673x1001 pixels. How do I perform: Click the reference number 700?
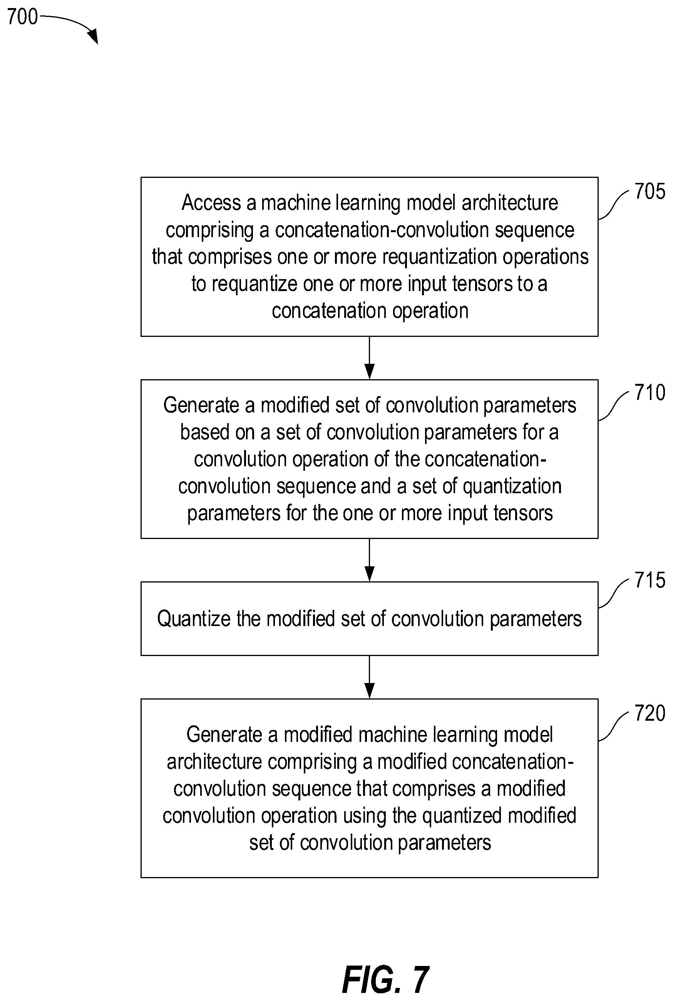[x=23, y=17]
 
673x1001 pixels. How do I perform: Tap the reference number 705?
[x=650, y=191]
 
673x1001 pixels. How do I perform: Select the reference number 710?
[x=650, y=393]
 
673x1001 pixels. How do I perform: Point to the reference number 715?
[x=650, y=580]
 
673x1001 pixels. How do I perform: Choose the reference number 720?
[x=650, y=713]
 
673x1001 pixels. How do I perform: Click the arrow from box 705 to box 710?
[x=369, y=358]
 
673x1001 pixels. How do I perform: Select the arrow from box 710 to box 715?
[x=369, y=560]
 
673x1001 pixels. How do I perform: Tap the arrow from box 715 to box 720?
[x=369, y=677]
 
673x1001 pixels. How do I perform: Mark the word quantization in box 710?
[x=512, y=487]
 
